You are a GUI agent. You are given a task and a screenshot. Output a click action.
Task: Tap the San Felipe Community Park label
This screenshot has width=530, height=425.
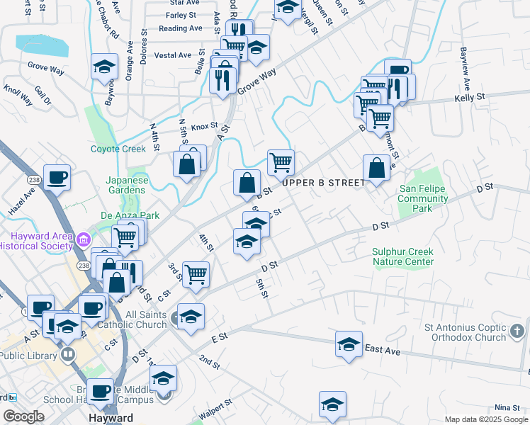424,199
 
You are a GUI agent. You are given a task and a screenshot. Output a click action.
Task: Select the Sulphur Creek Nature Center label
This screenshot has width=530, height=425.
403,256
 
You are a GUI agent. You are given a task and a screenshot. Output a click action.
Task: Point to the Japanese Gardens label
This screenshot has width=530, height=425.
128,185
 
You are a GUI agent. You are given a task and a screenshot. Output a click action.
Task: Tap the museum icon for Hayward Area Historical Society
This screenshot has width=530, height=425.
84,239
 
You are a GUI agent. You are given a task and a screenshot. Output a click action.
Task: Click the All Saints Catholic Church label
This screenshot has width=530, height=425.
144,319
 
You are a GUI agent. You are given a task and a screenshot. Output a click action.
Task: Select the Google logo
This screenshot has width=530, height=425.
23,416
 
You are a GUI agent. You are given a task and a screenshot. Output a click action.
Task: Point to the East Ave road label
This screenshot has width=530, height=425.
383,349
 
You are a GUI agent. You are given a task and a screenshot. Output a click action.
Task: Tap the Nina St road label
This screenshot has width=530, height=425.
507,407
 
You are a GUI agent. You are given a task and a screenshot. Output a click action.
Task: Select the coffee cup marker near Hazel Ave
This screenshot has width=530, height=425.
57,177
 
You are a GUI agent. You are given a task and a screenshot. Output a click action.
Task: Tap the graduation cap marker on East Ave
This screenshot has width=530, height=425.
349,344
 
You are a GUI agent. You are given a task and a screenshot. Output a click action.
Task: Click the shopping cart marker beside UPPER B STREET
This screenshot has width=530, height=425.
281,162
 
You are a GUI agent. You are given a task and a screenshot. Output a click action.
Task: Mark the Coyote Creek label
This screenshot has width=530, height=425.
118,149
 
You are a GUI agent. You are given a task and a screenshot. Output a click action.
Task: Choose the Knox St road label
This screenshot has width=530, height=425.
204,125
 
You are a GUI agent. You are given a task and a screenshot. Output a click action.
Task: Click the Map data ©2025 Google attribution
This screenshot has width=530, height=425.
487,419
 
